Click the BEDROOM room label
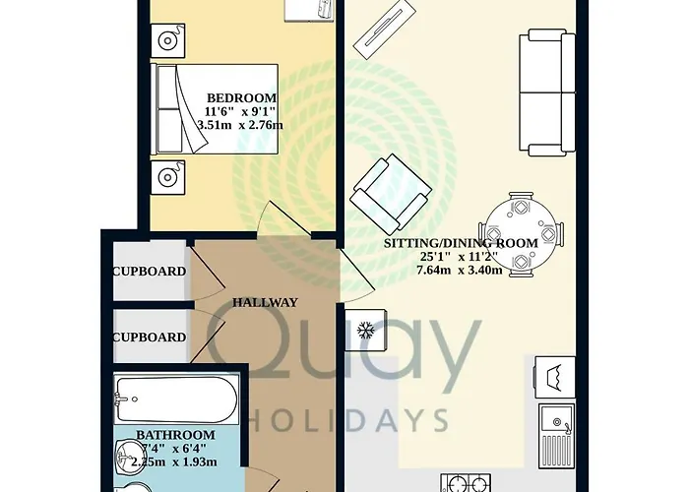[x=242, y=97]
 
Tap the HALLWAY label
[x=265, y=302]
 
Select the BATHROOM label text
[x=175, y=435]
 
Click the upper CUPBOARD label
[x=150, y=271]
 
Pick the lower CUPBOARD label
[x=150, y=337]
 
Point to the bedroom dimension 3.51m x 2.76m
[x=240, y=125]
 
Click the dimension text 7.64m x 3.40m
[x=460, y=270]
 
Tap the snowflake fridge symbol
[x=365, y=330]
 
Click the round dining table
[x=521, y=234]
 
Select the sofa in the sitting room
[x=547, y=92]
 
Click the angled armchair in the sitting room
[x=391, y=194]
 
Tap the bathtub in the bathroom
[x=176, y=400]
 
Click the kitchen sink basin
[x=557, y=419]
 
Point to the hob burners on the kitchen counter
[x=466, y=482]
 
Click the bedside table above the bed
[x=167, y=41]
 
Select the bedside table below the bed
[x=167, y=177]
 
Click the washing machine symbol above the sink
[x=555, y=377]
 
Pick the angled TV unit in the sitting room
[x=385, y=28]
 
